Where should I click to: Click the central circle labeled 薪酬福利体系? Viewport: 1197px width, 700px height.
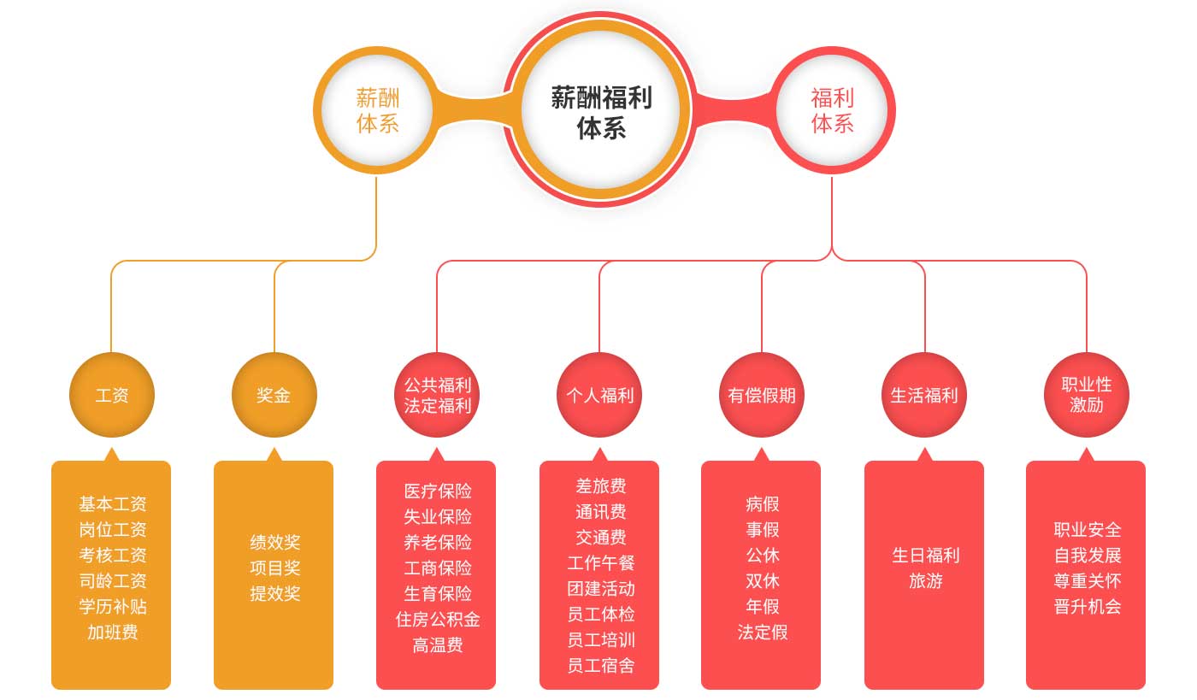click(600, 110)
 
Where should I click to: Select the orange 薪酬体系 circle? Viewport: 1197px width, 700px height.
click(377, 110)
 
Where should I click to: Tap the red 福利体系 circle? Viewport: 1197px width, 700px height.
click(832, 110)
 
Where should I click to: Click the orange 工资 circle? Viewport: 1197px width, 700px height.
click(111, 395)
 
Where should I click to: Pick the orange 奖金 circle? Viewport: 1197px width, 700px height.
click(274, 395)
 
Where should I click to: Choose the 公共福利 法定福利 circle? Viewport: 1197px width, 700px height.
click(437, 395)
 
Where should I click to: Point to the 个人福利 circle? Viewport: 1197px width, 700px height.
click(599, 395)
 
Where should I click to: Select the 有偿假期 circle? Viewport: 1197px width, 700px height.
click(762, 395)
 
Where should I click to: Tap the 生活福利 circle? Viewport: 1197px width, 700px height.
click(924, 395)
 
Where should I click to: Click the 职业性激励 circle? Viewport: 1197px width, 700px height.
click(1087, 395)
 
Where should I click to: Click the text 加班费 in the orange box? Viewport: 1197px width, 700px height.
click(112, 632)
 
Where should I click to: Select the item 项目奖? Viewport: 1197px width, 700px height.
click(274, 568)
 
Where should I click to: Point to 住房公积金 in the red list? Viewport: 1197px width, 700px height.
click(437, 620)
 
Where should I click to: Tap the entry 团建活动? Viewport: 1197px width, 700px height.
click(600, 589)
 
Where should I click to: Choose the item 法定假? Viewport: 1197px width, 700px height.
click(762, 632)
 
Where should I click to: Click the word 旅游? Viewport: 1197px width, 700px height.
click(925, 581)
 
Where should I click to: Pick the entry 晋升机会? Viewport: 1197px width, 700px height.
click(1087, 607)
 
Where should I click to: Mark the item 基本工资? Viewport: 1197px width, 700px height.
click(112, 504)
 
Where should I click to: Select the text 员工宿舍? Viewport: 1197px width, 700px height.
click(600, 666)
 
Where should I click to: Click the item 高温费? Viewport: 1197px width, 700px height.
click(437, 645)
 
